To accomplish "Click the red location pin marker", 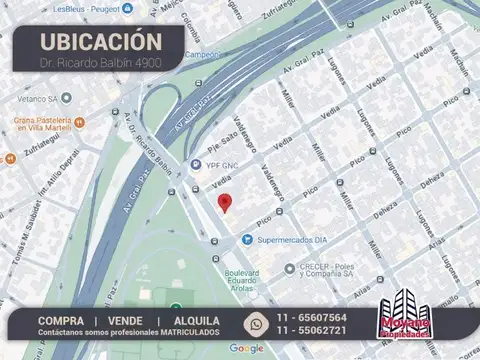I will click(x=225, y=202).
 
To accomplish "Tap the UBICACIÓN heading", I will click(x=100, y=41).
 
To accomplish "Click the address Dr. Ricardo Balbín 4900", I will click(x=100, y=62).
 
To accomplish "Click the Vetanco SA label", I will click(x=38, y=98).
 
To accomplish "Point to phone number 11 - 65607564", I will click(x=313, y=317).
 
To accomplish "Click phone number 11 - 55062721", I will click(x=313, y=331).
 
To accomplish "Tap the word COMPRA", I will click(x=61, y=320).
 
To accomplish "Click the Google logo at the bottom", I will click(x=247, y=348).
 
